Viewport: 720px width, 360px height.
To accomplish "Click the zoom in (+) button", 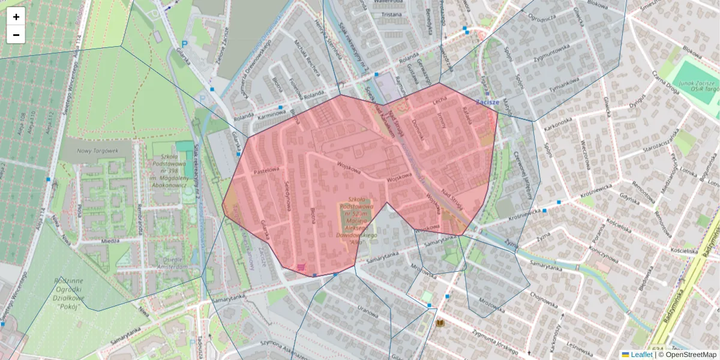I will (16, 17).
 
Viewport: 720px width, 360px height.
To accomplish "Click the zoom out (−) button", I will (16, 35).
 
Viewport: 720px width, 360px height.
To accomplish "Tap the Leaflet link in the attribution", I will (641, 355).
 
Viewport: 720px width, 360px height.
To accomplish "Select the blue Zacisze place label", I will (488, 102).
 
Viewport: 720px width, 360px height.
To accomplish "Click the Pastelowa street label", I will (267, 170).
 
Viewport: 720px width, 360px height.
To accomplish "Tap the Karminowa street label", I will (271, 112).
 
